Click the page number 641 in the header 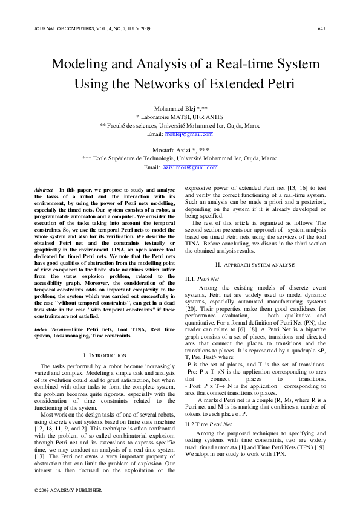click(x=321, y=29)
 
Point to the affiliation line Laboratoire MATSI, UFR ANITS click(x=180, y=117)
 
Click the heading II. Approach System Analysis click(x=255, y=265)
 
